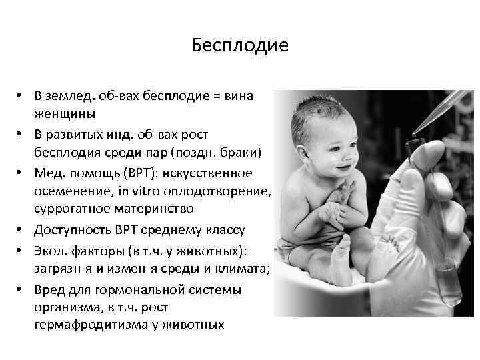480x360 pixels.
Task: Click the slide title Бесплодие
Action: click(x=239, y=45)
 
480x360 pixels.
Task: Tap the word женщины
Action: click(x=65, y=113)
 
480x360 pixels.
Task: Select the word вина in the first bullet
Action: click(x=239, y=95)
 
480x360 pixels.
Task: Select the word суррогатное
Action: click(x=71, y=209)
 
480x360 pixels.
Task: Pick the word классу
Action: click(x=223, y=230)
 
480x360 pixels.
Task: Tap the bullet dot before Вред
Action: click(x=22, y=291)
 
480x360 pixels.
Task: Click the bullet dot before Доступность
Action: click(x=22, y=231)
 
